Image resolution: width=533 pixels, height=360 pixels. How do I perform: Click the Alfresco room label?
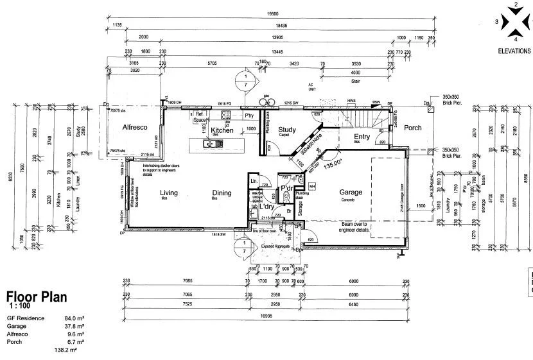pyautogui.click(x=135, y=128)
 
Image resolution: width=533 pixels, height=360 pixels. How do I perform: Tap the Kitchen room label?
pyautogui.click(x=222, y=130)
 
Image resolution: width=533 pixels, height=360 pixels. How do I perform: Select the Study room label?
pyautogui.click(x=287, y=130)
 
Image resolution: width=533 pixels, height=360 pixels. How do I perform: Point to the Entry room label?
pyautogui.click(x=362, y=136)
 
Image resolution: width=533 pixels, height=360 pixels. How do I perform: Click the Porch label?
pyautogui.click(x=412, y=128)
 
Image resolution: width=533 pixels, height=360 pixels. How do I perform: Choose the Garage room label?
pyautogui.click(x=351, y=192)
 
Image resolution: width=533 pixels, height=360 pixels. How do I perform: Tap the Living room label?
pyautogui.click(x=169, y=193)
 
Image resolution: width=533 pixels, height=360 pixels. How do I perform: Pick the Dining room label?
pyautogui.click(x=222, y=193)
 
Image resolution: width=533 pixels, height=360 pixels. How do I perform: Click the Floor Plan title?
pyautogui.click(x=37, y=297)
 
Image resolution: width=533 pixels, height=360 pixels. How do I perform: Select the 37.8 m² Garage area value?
pyautogui.click(x=76, y=326)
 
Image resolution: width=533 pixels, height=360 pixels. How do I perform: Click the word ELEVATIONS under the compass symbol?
pyautogui.click(x=514, y=51)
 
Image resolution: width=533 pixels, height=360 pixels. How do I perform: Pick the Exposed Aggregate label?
pyautogui.click(x=275, y=246)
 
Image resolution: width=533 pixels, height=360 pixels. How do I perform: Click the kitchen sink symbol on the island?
pyautogui.click(x=210, y=144)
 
